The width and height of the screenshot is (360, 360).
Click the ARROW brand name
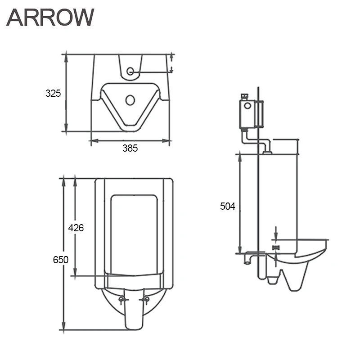(50, 18)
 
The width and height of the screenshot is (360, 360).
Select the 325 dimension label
(53, 94)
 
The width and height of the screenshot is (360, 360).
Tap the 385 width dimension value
(130, 148)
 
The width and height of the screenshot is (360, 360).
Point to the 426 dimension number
(76, 228)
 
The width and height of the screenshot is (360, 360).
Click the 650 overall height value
(60, 260)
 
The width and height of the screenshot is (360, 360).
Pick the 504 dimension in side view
(227, 206)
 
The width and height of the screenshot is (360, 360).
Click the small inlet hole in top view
(130, 71)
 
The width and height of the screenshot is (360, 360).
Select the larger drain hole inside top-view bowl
(130, 99)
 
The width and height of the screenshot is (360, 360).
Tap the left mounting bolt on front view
(121, 299)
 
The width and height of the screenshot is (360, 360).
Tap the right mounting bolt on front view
(145, 299)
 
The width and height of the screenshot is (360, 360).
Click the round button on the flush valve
(247, 106)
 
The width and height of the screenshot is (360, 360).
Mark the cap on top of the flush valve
(245, 96)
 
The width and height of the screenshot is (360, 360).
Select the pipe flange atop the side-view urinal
(267, 153)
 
